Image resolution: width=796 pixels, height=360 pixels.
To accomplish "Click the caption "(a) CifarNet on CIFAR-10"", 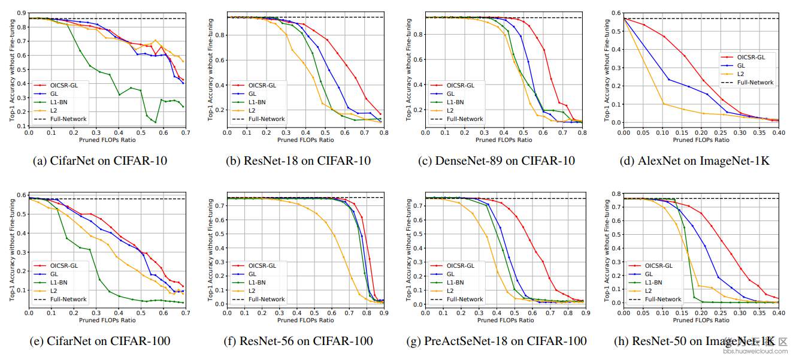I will (99, 161).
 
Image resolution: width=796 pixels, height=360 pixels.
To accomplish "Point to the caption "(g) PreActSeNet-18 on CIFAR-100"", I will (505, 341).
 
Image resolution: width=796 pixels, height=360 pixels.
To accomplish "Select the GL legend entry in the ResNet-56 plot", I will (252, 274).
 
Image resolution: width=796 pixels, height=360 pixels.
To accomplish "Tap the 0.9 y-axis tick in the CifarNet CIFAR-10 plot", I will (20, 13).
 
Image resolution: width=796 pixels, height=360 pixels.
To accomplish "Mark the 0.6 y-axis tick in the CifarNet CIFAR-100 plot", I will (20, 195).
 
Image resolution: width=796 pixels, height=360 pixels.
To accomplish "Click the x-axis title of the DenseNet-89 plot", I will (504, 140).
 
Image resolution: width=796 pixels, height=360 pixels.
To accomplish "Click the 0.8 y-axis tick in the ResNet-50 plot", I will (615, 193).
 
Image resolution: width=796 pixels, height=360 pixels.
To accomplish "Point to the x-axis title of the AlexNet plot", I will (701, 140).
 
